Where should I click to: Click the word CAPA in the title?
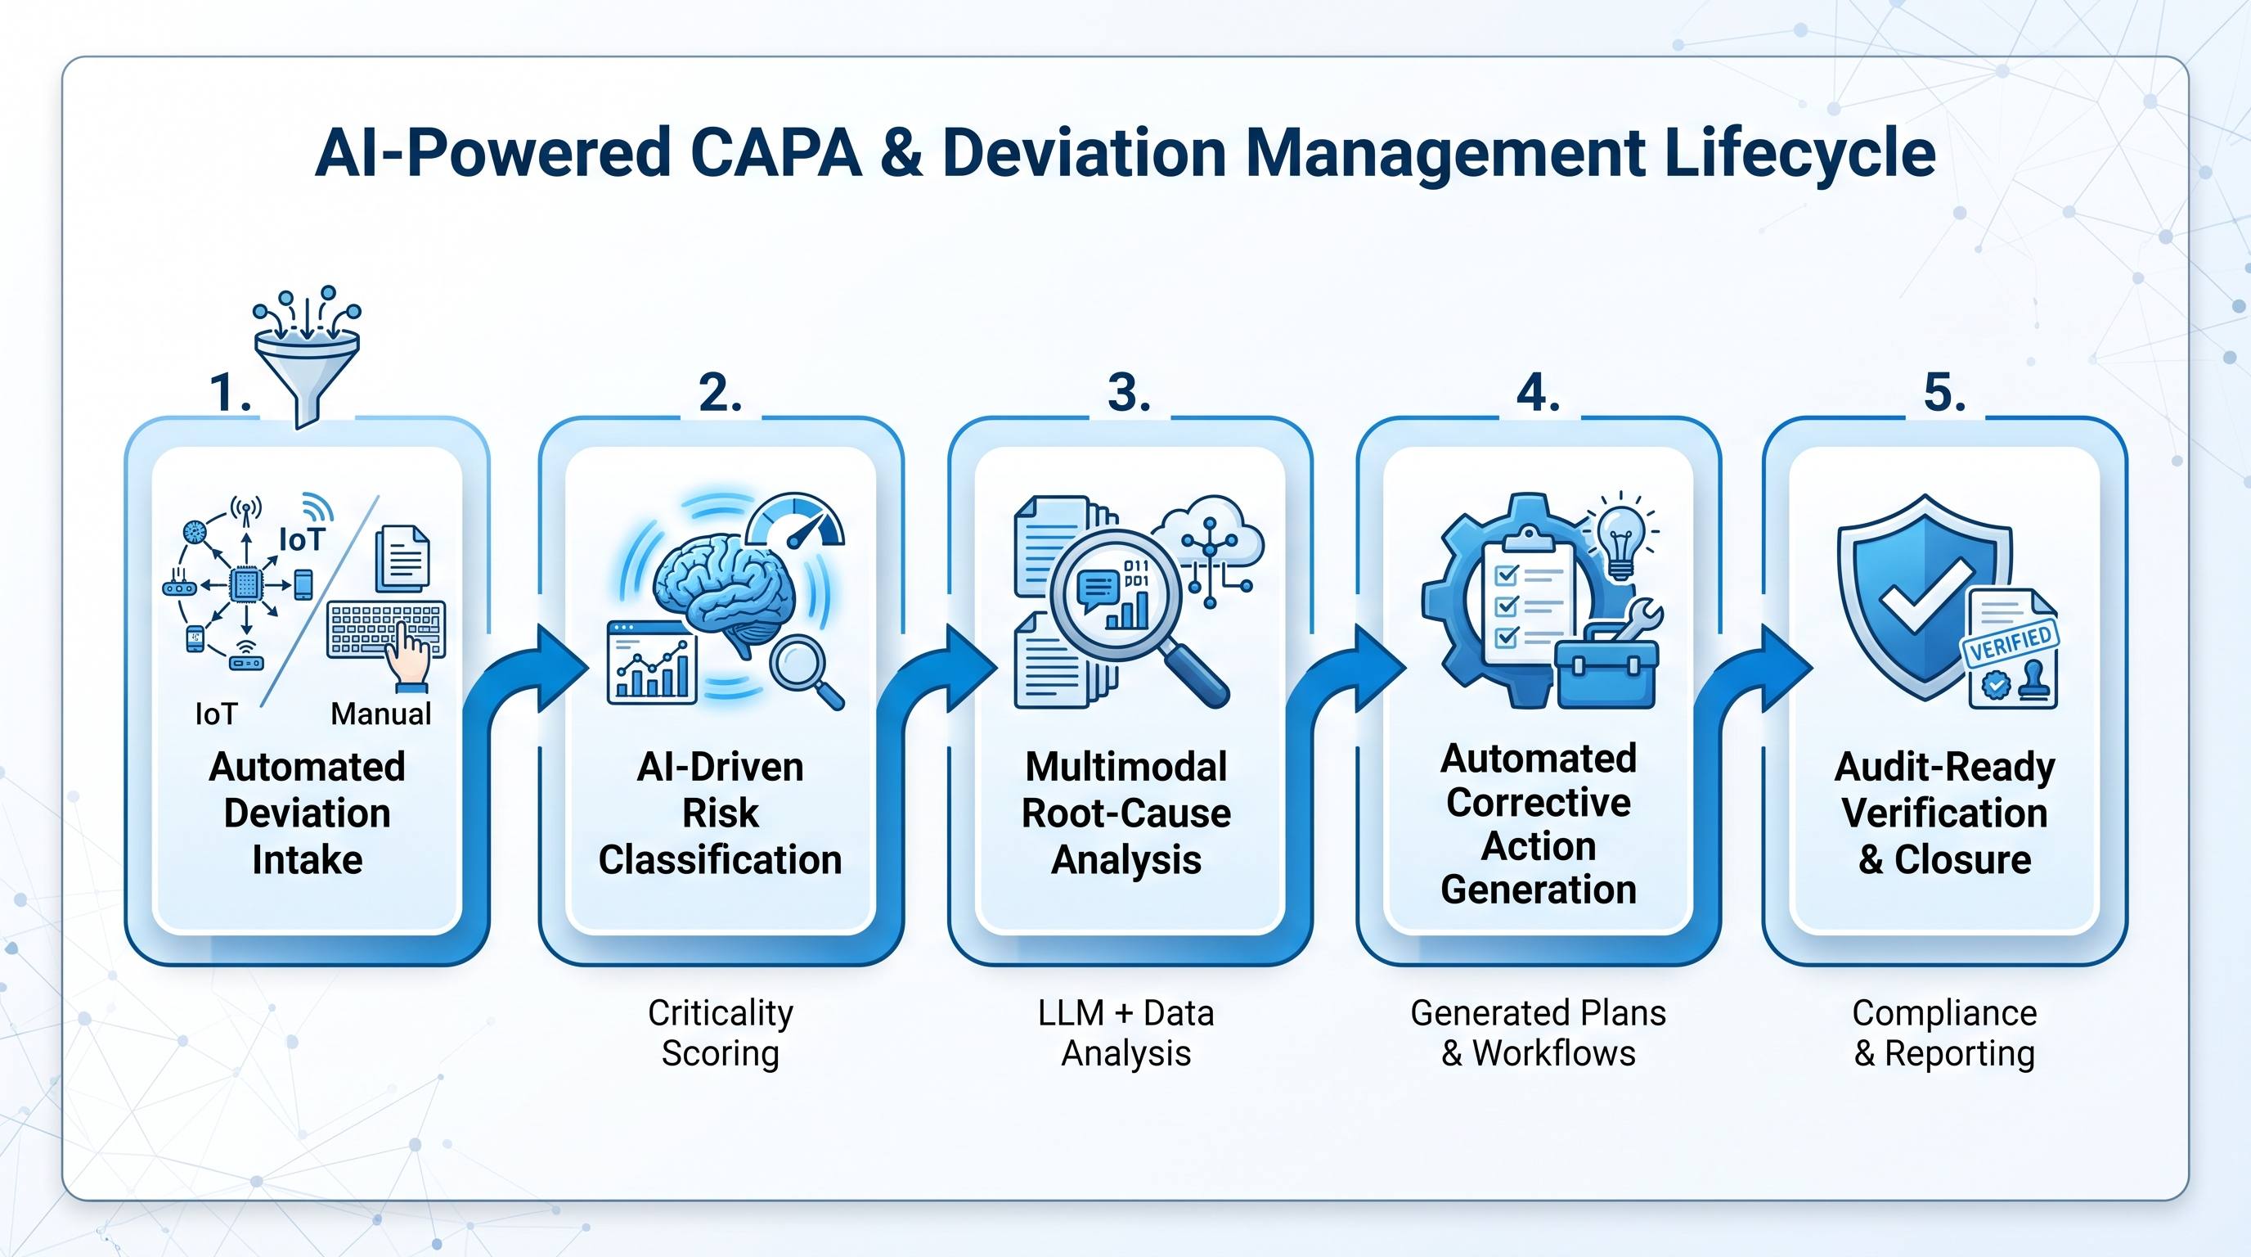775,153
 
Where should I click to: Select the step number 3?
1128,393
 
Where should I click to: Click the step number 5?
1945,393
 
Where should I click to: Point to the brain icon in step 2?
726,594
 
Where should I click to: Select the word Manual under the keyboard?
381,714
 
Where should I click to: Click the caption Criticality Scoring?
720,1034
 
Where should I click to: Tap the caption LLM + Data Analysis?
1125,1034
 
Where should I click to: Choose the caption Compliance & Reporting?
1944,1034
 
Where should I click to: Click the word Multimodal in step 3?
1126,767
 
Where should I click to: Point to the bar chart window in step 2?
652,663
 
